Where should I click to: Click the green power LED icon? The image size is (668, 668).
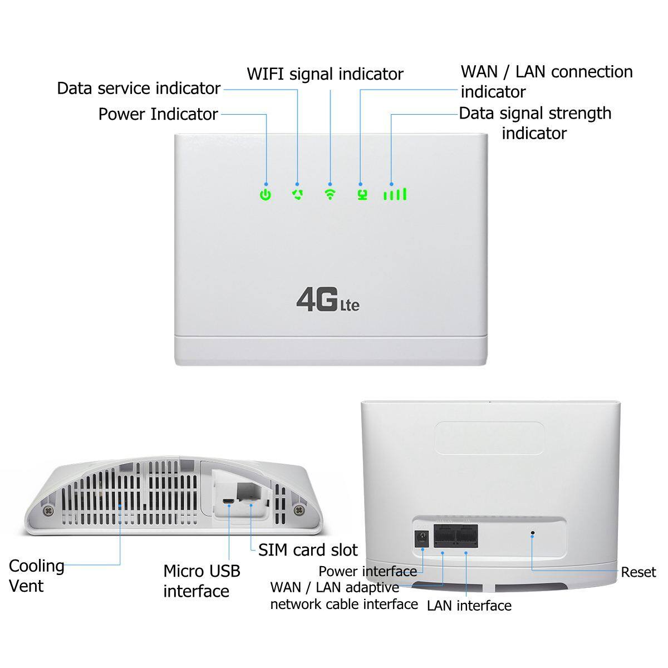(266, 195)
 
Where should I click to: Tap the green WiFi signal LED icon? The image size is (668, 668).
(330, 194)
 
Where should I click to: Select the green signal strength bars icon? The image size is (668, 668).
(395, 194)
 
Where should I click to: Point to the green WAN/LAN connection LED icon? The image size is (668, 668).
(362, 195)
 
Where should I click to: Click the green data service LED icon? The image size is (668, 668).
(298, 194)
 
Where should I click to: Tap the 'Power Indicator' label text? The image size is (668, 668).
(158, 114)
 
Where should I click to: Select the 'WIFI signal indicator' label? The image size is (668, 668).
(325, 74)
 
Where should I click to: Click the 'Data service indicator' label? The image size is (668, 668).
(139, 89)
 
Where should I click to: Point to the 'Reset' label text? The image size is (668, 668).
(638, 572)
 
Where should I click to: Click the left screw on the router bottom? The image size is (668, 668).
(48, 509)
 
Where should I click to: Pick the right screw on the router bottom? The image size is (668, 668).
(301, 509)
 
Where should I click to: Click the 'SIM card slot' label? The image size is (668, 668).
(308, 550)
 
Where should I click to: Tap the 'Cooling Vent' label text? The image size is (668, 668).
(36, 576)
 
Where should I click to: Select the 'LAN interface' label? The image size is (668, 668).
(469, 606)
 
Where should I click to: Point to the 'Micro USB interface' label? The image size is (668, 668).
(202, 581)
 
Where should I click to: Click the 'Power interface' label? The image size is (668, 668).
(367, 571)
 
